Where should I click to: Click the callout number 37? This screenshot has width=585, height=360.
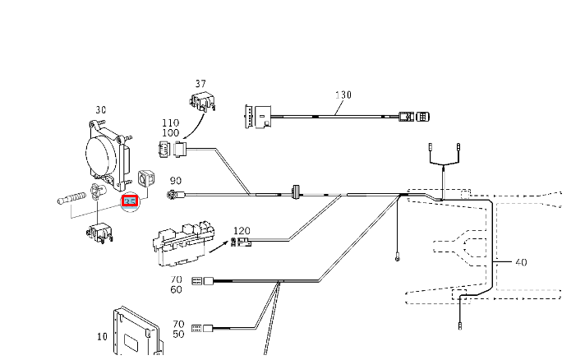[200, 84]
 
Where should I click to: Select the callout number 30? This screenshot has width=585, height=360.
[101, 109]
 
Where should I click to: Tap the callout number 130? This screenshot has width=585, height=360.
[343, 95]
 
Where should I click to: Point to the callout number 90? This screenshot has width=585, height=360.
[175, 181]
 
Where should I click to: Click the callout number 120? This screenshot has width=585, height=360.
[242, 231]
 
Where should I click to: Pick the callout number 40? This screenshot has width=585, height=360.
[520, 263]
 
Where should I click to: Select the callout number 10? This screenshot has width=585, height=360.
[102, 336]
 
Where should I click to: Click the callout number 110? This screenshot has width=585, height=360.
[171, 123]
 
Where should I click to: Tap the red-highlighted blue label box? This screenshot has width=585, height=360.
[130, 201]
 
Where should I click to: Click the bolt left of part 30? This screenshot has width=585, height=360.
[72, 199]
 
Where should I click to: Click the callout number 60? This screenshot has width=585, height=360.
[177, 290]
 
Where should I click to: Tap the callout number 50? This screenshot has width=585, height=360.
[178, 335]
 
